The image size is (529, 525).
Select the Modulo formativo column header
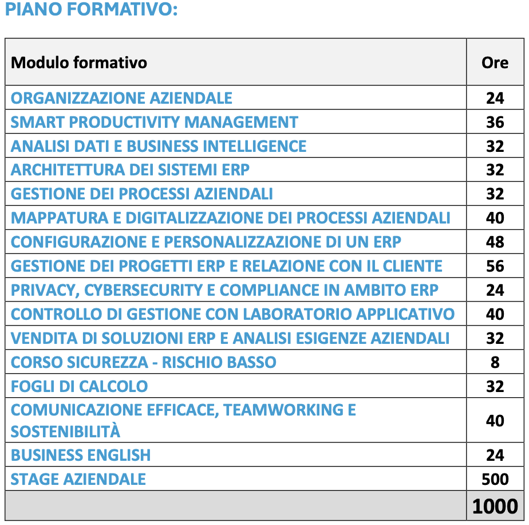[x=79, y=62]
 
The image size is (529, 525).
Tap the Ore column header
[x=495, y=62]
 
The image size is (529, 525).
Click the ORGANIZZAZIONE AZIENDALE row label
[x=121, y=98]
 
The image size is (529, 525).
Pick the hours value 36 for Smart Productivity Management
[x=495, y=122]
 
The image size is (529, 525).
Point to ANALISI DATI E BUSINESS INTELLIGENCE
[x=159, y=146]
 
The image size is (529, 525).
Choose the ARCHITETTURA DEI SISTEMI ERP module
[x=130, y=170]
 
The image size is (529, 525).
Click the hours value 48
[x=495, y=242]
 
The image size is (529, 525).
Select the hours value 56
[x=495, y=266]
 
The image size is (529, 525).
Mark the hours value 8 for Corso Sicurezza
[x=495, y=362]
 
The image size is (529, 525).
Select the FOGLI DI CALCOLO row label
[x=79, y=386]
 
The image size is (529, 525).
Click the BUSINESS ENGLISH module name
[x=81, y=456]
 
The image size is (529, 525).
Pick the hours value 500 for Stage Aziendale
[x=495, y=479]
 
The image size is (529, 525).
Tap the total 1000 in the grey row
[x=495, y=506]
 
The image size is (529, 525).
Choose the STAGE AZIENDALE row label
[x=78, y=479]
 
